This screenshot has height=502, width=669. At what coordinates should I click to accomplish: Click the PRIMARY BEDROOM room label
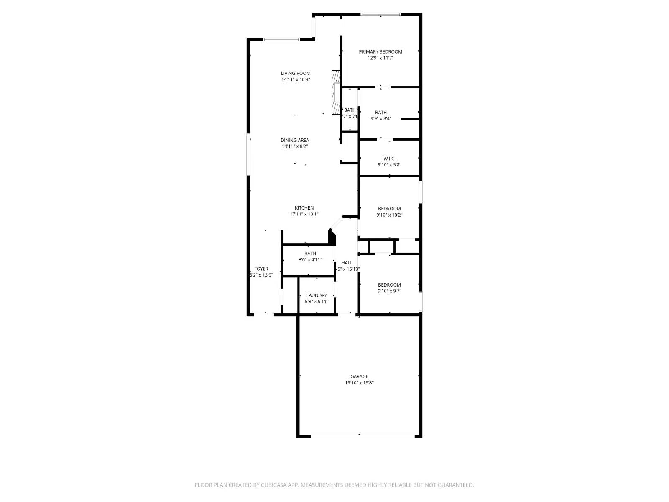pyautogui.click(x=380, y=52)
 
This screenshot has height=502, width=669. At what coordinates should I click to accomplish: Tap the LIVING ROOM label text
pyautogui.click(x=296, y=73)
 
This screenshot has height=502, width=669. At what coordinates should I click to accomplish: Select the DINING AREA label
pyautogui.click(x=295, y=140)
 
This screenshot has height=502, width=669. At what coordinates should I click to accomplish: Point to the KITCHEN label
pyautogui.click(x=304, y=208)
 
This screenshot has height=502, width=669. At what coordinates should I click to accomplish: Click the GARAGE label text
pyautogui.click(x=359, y=376)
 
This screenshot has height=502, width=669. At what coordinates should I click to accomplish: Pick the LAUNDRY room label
pyautogui.click(x=317, y=295)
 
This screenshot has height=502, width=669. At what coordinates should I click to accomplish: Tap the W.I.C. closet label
pyautogui.click(x=389, y=159)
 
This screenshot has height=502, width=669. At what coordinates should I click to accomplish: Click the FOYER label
pyautogui.click(x=261, y=269)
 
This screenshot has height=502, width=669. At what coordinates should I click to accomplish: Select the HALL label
pyautogui.click(x=347, y=263)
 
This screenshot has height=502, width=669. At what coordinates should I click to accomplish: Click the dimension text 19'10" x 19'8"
pyautogui.click(x=359, y=383)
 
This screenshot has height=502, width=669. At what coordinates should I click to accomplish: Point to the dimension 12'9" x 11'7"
pyautogui.click(x=380, y=58)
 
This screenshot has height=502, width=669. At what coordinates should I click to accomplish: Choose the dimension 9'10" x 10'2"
pyautogui.click(x=390, y=215)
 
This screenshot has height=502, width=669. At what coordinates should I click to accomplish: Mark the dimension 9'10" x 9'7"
pyautogui.click(x=389, y=291)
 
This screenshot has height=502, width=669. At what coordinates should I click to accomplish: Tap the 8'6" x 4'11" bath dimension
pyautogui.click(x=310, y=260)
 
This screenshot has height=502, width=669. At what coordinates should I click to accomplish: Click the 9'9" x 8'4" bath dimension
pyautogui.click(x=380, y=118)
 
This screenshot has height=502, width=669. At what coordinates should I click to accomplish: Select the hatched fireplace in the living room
pyautogui.click(x=335, y=92)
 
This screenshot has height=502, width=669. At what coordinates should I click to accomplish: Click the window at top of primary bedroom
pyautogui.click(x=380, y=15)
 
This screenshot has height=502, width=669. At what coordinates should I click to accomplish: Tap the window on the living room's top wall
pyautogui.click(x=281, y=40)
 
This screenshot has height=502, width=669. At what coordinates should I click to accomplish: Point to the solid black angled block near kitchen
pyautogui.click(x=332, y=238)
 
